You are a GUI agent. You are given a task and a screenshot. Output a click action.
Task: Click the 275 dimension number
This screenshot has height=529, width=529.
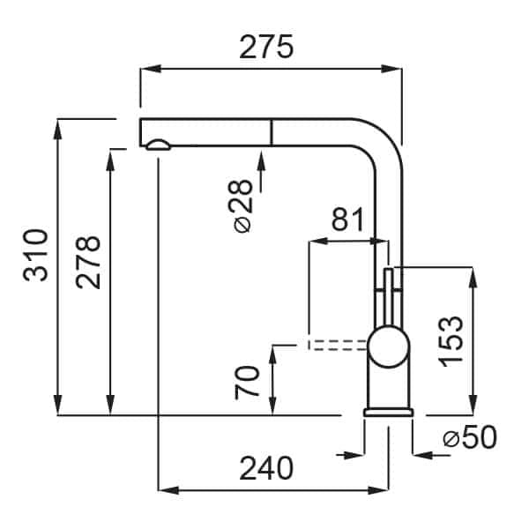[x=266, y=47]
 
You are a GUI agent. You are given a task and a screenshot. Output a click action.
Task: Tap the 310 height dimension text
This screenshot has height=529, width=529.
[x=36, y=256]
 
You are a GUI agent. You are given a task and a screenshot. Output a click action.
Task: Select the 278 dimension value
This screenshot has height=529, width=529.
[x=88, y=263]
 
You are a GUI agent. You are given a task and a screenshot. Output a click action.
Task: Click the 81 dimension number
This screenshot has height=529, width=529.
[x=348, y=219]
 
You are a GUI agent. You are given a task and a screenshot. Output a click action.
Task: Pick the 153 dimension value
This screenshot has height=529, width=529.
[x=451, y=341]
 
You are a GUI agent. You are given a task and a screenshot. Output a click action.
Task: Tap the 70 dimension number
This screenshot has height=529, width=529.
[x=247, y=383]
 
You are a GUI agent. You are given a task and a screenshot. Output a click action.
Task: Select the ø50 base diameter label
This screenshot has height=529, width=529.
[x=470, y=437]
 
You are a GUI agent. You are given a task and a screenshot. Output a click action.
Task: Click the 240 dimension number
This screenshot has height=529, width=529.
[x=266, y=468]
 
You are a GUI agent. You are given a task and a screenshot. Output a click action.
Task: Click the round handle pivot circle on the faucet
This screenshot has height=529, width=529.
[x=389, y=346]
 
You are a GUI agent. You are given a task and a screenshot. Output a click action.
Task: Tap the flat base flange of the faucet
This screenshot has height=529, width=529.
[x=388, y=413]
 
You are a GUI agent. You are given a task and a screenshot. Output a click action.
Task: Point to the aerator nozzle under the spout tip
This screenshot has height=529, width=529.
[x=158, y=145]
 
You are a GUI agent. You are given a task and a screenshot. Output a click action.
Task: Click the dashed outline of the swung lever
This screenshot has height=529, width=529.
[x=337, y=345]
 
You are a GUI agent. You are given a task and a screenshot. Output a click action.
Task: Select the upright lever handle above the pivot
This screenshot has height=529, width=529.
[x=389, y=297]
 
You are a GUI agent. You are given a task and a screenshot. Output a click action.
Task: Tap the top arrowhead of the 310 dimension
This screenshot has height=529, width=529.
[x=58, y=129]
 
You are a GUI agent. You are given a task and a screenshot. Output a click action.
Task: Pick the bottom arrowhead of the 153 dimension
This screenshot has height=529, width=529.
[x=473, y=404]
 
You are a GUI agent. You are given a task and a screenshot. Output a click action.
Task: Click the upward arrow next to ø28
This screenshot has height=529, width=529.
[x=261, y=170]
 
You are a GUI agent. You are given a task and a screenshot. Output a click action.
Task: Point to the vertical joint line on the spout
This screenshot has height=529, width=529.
[x=271, y=132]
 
